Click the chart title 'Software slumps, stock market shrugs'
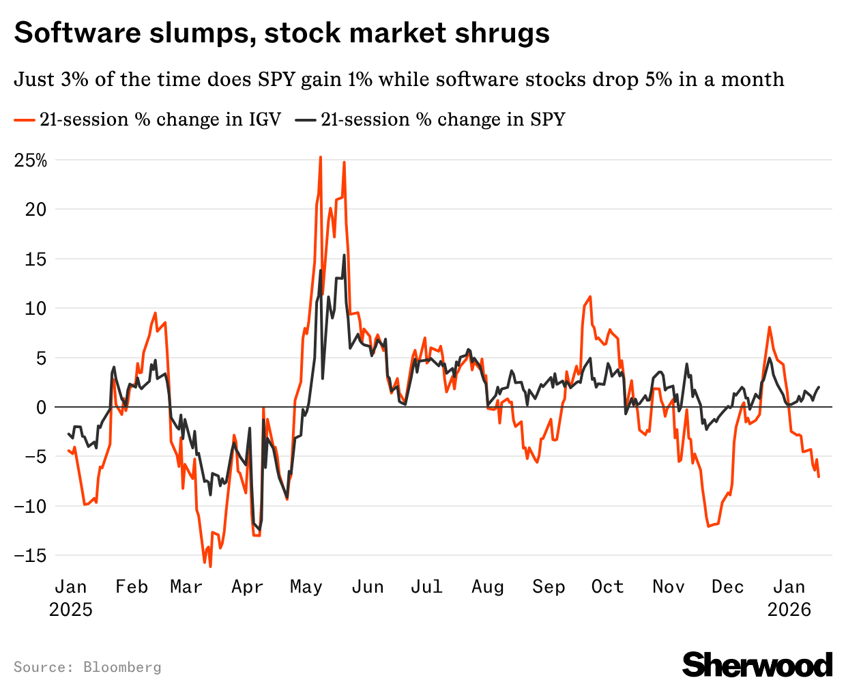pyautogui.click(x=281, y=33)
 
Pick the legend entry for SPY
pyautogui.click(x=431, y=119)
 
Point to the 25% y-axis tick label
pyautogui.click(x=31, y=161)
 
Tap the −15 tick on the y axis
pyautogui.click(x=31, y=555)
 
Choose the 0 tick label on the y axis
pyautogui.click(x=41, y=408)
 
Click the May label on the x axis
pyautogui.click(x=306, y=587)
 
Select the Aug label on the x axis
pyautogui.click(x=488, y=587)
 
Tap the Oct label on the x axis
pyautogui.click(x=607, y=587)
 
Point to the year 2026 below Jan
pyautogui.click(x=789, y=609)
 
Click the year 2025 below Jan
pyautogui.click(x=71, y=609)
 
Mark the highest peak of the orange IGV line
pyautogui.click(x=321, y=157)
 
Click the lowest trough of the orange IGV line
pyautogui.click(x=210, y=567)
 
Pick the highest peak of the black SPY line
pyautogui.click(x=345, y=255)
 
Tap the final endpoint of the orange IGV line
pyautogui.click(x=819, y=477)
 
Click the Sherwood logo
pyautogui.click(x=757, y=664)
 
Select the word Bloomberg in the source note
pyautogui.click(x=122, y=667)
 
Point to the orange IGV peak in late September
pyautogui.click(x=590, y=296)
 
